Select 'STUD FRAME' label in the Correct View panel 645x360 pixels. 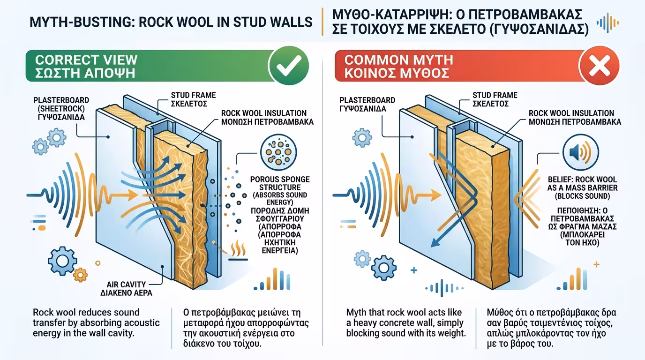187,95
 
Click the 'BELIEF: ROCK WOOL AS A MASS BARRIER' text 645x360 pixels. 582,184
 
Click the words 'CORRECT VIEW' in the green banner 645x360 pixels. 86,60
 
